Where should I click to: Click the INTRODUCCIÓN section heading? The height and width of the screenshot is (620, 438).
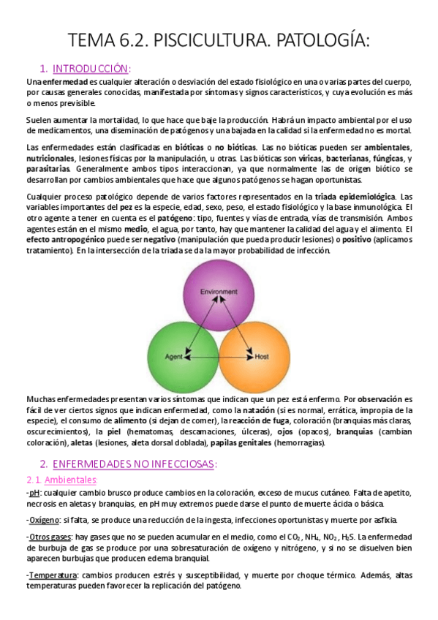[91, 68]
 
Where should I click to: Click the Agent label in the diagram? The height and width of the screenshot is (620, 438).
[173, 357]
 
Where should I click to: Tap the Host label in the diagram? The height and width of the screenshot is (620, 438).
[262, 357]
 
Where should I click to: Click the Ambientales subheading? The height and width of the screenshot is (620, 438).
[71, 480]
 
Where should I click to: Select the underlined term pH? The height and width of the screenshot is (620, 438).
[34, 494]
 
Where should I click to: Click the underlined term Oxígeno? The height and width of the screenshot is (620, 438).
[45, 520]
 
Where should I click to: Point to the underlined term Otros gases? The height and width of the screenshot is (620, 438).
[49, 537]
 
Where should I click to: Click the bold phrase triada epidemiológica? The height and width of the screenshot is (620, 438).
[355, 197]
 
